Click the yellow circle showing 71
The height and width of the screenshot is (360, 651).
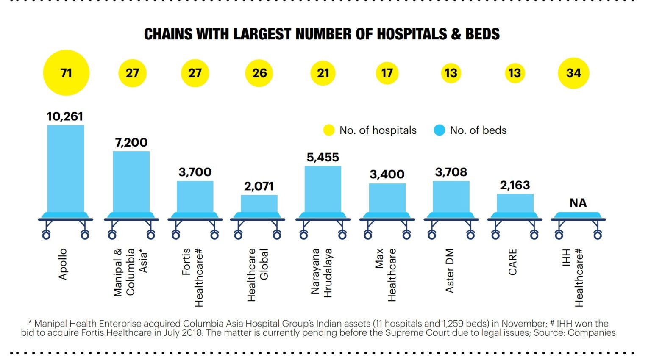tap(66, 73)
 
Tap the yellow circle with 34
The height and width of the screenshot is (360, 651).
tap(573, 73)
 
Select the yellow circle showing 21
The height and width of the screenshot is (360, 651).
tap(323, 73)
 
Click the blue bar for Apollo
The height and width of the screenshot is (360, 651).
tap(66, 169)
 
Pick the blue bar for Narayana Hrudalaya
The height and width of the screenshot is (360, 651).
tap(323, 189)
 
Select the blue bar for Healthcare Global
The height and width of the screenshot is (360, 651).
tap(259, 204)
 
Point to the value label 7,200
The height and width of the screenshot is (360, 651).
tap(131, 142)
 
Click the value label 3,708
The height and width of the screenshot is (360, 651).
tap(451, 172)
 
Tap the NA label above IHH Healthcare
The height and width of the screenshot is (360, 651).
tap(578, 203)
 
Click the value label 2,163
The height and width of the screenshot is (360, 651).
tap(515, 185)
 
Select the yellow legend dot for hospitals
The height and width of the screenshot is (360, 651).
tap(329, 130)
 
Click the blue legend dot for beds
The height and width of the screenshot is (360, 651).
tap(440, 130)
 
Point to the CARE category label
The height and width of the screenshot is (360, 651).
tap(513, 262)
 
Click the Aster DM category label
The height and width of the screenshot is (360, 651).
tap(450, 270)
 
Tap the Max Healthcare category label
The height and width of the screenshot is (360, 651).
tap(386, 274)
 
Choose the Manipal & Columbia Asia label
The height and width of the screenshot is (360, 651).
tap(131, 272)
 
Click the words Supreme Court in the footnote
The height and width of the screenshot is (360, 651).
tap(418, 333)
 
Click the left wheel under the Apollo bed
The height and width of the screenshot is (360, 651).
tap(46, 235)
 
